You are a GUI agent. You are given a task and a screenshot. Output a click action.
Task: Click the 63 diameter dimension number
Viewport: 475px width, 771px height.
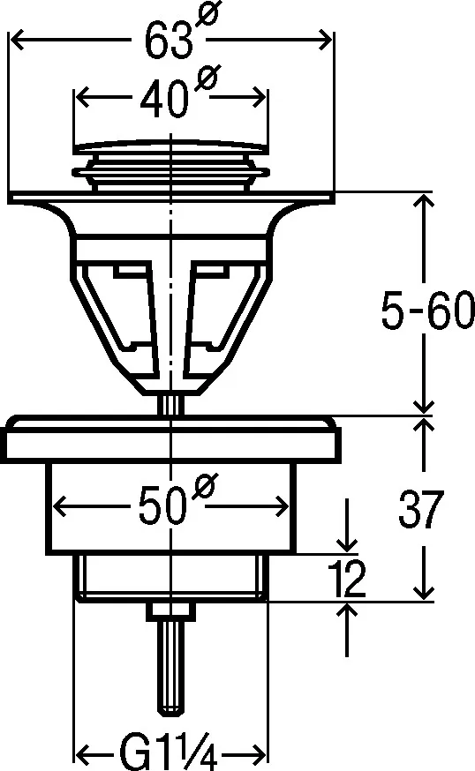[x=169, y=40]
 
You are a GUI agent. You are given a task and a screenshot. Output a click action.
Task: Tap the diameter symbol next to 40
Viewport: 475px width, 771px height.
[x=205, y=81]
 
